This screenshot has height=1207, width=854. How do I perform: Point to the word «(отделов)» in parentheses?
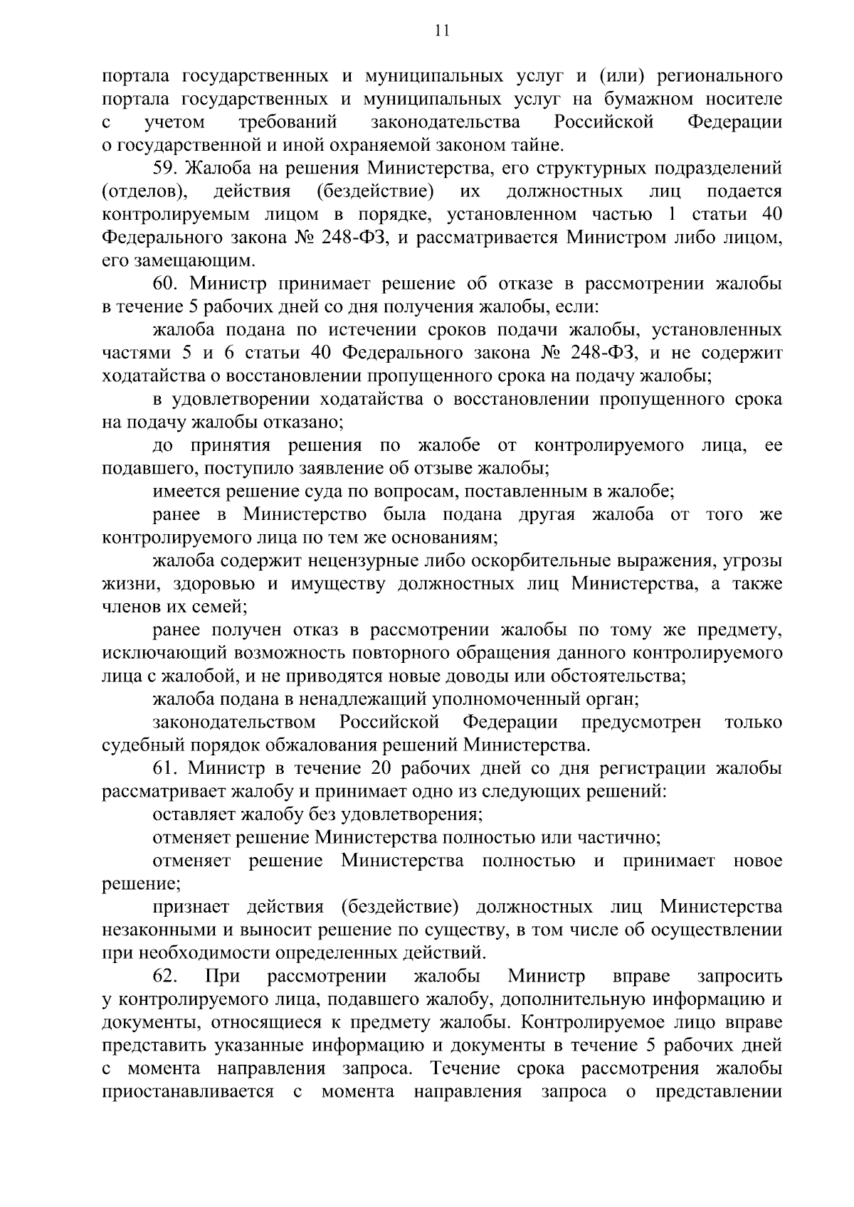pos(146,191)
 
